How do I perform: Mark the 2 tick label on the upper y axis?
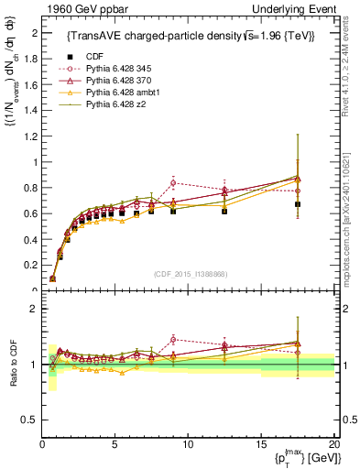coord(35,33)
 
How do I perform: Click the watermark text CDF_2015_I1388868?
coord(189,273)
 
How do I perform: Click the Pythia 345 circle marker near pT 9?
coord(173,182)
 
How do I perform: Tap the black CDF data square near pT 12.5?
coord(224,211)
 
